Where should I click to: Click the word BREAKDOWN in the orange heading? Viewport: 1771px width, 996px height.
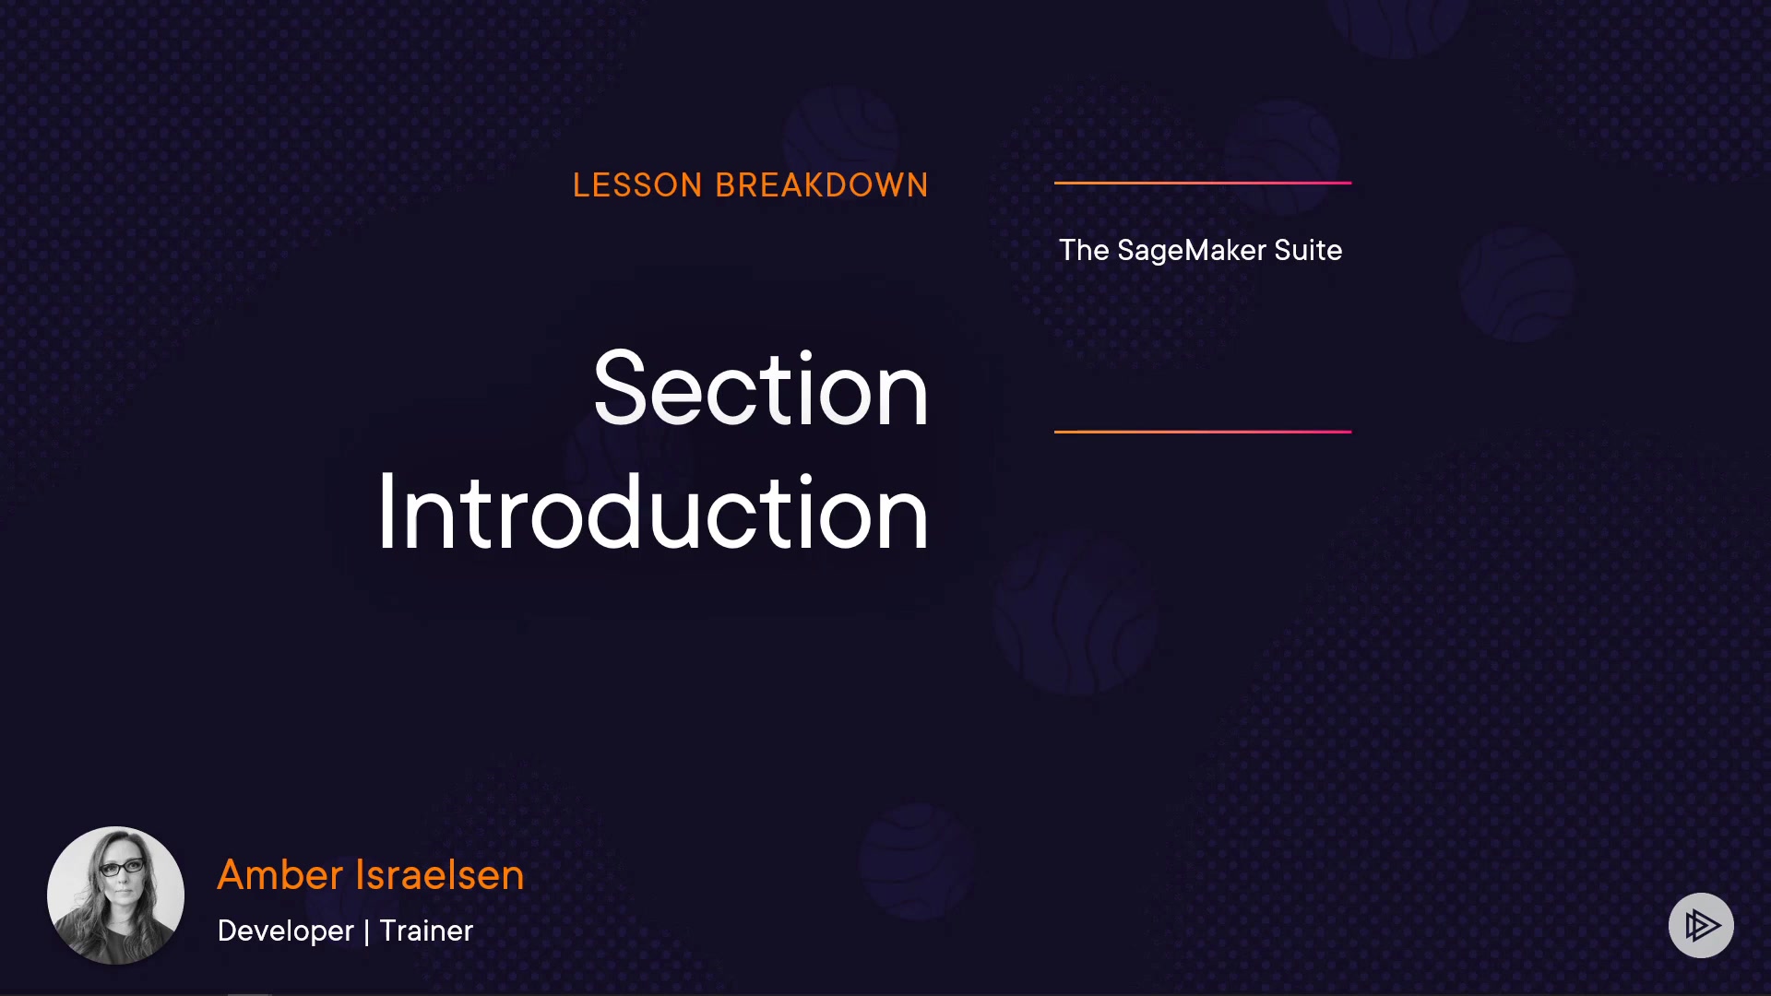[822, 185]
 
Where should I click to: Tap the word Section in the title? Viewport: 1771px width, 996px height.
[761, 390]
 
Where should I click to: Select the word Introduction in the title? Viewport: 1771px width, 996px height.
[653, 512]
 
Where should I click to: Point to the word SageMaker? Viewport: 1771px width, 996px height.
[1192, 251]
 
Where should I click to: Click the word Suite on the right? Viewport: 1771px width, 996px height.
[1308, 250]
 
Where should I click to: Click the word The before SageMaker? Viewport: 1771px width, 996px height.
[1084, 250]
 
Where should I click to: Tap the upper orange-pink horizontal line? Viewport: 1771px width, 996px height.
[1203, 183]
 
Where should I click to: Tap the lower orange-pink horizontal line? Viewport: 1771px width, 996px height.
[1203, 431]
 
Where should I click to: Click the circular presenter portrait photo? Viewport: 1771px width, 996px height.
[115, 895]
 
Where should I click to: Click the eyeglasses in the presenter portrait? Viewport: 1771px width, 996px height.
[122, 867]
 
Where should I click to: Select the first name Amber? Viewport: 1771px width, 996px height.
[280, 874]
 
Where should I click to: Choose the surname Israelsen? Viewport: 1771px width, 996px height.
[440, 874]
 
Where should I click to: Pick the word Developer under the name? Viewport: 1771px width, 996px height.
[286, 931]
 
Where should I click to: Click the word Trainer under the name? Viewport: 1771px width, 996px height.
[426, 931]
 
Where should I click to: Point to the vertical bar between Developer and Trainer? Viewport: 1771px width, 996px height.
[367, 931]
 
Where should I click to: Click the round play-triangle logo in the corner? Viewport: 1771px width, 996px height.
[1701, 925]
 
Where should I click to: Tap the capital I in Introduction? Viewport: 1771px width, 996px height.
[386, 512]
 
